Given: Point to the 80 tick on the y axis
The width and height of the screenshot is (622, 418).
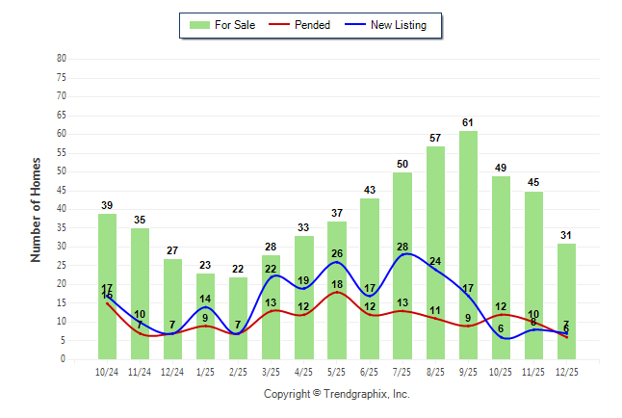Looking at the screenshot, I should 62,58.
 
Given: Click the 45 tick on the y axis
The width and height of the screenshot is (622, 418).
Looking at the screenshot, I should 62,190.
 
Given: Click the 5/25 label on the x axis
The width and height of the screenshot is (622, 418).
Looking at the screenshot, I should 337,372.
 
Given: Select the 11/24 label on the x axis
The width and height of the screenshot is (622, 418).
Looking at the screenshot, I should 140,372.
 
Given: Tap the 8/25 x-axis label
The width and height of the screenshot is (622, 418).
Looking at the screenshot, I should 435,372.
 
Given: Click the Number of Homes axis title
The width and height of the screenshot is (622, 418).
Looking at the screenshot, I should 37,209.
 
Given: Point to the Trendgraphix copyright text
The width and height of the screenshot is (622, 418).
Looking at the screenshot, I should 337,394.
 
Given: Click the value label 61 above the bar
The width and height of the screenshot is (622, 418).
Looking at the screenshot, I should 468,122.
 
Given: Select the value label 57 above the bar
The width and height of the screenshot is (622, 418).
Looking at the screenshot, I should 435,138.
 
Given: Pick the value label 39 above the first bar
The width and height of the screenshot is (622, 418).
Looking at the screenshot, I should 107,205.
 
